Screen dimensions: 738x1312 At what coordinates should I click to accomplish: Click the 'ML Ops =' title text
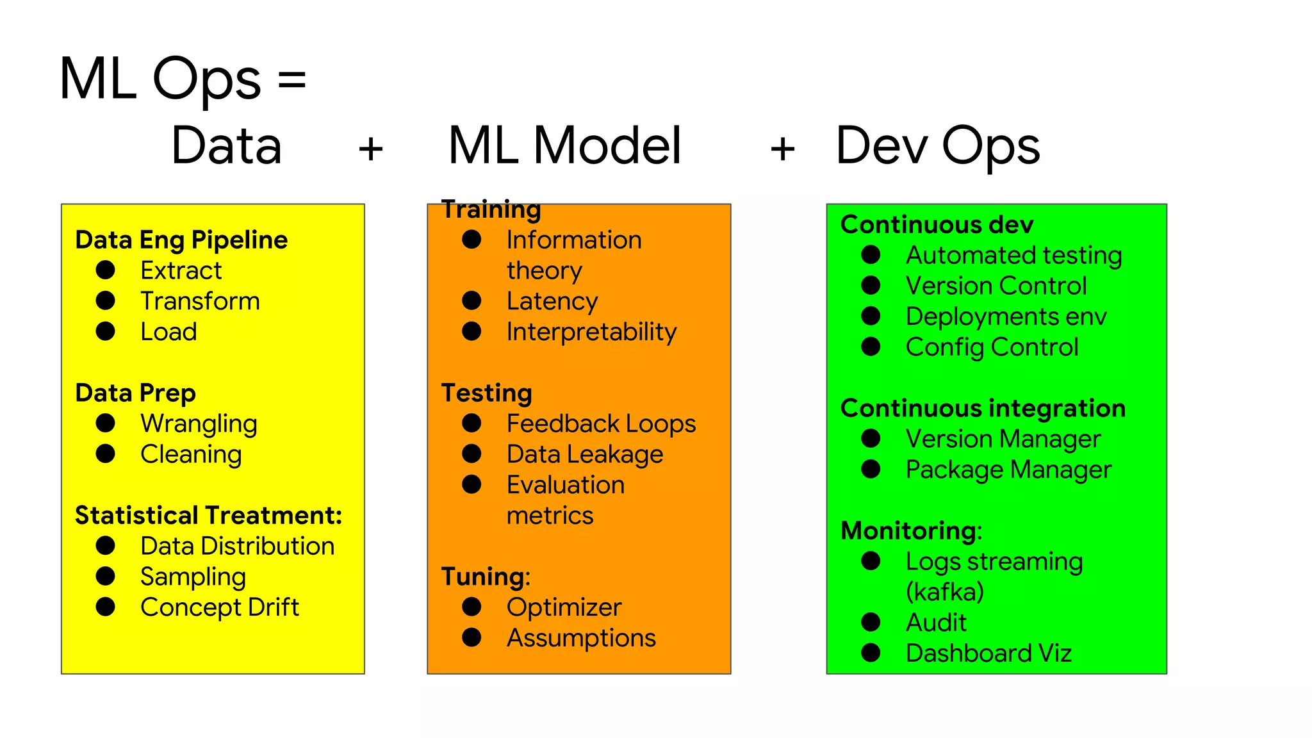183,79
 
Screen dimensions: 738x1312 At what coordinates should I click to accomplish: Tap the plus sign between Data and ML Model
370,149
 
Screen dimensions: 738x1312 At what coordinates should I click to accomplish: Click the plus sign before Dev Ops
782,149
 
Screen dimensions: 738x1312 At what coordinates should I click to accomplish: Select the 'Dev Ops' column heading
937,146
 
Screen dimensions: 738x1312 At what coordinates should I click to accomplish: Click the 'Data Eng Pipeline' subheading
181,240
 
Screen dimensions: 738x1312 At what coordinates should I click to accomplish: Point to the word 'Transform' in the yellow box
200,301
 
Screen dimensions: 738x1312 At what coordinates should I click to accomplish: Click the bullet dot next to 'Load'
106,331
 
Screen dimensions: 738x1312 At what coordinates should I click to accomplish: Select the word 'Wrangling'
199,424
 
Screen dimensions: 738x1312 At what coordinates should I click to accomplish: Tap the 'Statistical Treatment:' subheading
208,515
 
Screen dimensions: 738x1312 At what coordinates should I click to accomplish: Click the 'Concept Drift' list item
219,607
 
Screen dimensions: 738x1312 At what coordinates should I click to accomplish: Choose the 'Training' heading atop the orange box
491,209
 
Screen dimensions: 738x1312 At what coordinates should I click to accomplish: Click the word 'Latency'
552,301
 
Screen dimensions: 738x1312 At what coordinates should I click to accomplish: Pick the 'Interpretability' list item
591,332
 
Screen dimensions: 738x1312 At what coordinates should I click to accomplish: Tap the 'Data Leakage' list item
584,454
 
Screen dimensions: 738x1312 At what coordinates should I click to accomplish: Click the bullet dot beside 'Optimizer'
471,607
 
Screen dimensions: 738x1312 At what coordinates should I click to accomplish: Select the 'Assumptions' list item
580,638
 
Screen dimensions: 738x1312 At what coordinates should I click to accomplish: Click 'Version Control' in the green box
996,286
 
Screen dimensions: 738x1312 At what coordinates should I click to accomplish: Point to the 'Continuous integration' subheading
983,408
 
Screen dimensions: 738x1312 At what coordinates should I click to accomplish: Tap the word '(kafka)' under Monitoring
944,592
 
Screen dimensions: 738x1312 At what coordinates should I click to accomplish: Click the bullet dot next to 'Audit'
871,622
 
